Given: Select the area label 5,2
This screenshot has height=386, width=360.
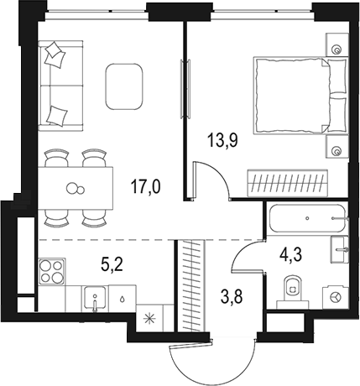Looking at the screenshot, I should tap(112, 266).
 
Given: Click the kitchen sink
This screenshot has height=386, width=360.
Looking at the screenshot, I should tap(94, 299).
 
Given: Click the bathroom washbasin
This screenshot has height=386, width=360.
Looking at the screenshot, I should tap(339, 249).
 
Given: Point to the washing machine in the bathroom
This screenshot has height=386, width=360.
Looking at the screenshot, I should tap(336, 296).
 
